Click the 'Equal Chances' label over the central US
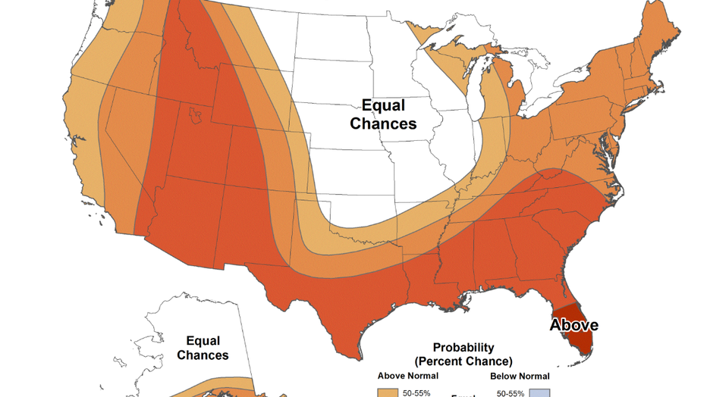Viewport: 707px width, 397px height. [x=383, y=114]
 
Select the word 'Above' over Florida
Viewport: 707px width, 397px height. [x=573, y=325]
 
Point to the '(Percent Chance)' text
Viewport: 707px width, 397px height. [x=463, y=361]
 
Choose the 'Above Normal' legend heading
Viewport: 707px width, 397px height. [x=407, y=376]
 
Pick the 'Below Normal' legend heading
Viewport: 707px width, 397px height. [x=520, y=376]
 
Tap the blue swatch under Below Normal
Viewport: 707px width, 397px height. [x=540, y=392]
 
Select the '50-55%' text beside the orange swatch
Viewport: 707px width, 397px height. [x=417, y=393]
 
